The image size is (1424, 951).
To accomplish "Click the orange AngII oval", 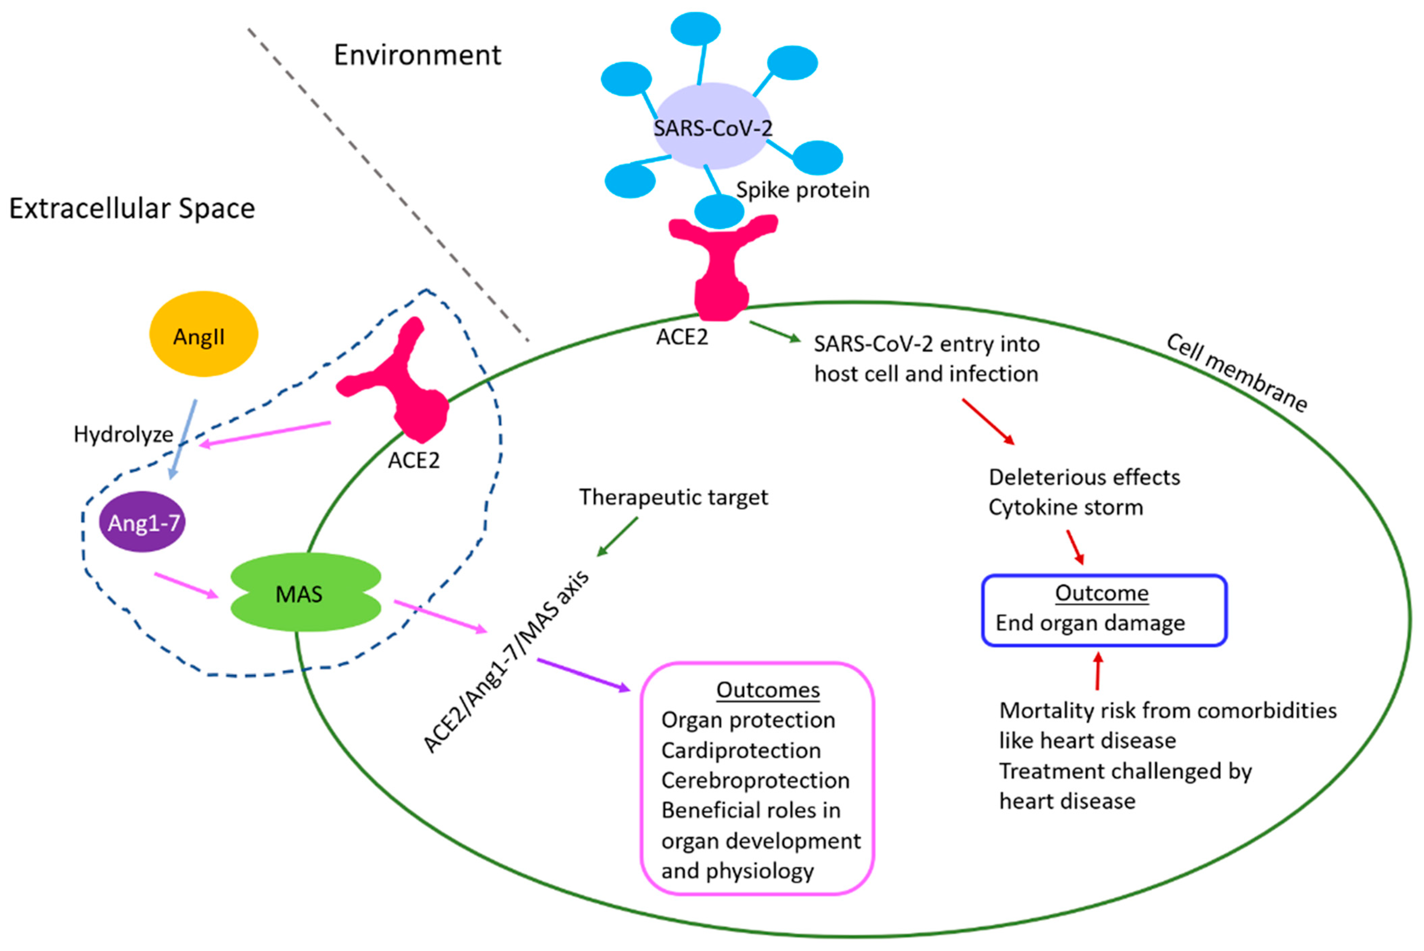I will pos(203,334).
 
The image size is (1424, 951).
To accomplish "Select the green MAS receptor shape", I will pos(306,592).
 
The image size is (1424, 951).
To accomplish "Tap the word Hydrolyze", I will pos(123,434).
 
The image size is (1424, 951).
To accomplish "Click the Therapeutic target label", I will pos(673,497).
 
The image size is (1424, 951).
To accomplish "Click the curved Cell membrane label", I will pos(1237,373).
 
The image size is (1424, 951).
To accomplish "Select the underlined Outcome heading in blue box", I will pos(1101,592).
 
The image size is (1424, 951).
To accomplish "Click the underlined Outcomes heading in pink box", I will pos(768,689).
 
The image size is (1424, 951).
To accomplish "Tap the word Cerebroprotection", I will pos(755,780).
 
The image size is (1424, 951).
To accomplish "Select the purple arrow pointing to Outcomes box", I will pos(583,675).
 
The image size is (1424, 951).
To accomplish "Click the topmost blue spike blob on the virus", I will pos(695,28).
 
